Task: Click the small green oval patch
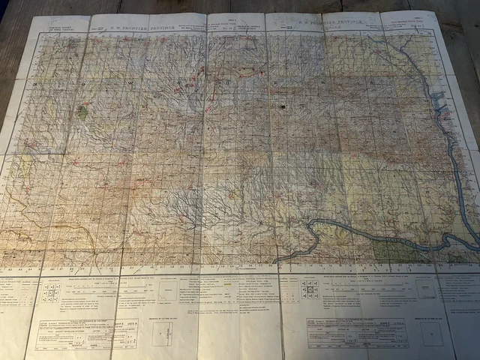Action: (x=82, y=112)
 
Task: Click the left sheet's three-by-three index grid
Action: (x=50, y=293)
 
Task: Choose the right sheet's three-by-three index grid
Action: (x=309, y=290)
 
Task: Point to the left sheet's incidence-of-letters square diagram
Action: (x=161, y=334)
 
